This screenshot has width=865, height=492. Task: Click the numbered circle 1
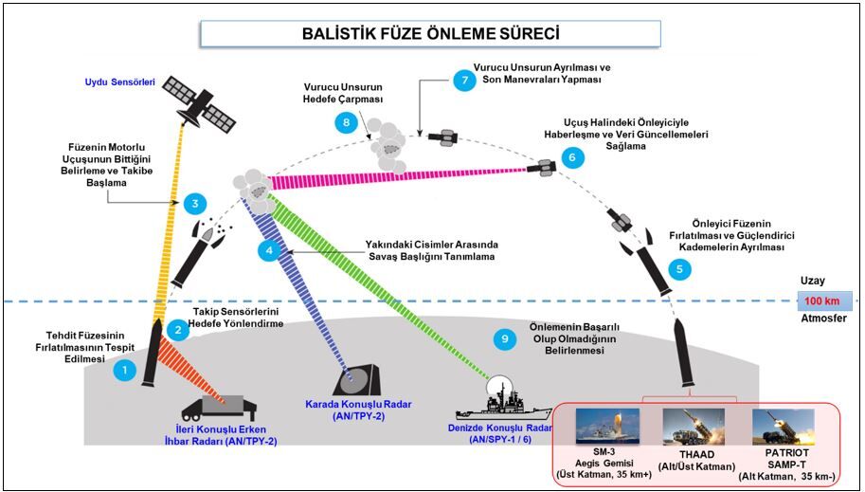coord(122,372)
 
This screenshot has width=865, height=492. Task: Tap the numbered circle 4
coord(270,250)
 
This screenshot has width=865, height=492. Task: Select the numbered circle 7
coord(464,81)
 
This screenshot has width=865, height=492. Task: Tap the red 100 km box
coord(823,301)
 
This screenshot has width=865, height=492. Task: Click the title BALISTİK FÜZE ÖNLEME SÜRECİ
coord(430,34)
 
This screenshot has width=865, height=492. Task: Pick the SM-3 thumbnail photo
coord(607,427)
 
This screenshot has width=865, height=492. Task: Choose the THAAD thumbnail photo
coord(694,427)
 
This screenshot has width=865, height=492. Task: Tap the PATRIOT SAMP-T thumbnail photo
coord(784,427)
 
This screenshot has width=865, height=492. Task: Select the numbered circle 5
coord(678,269)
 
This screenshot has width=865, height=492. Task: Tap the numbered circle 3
coord(194,203)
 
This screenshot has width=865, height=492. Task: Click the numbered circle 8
coord(347,122)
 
